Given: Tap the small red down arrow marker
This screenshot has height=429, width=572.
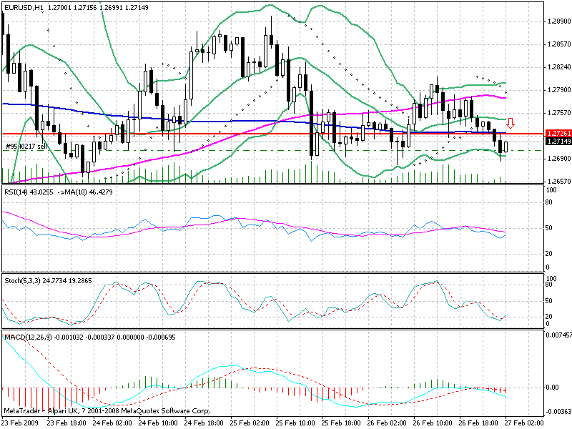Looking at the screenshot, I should point(511,122).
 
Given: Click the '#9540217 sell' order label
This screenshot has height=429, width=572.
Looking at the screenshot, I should point(26,146).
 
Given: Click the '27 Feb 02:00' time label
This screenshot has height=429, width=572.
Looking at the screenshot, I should point(527,423).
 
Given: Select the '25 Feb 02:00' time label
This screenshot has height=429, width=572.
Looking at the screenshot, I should point(250,423).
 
